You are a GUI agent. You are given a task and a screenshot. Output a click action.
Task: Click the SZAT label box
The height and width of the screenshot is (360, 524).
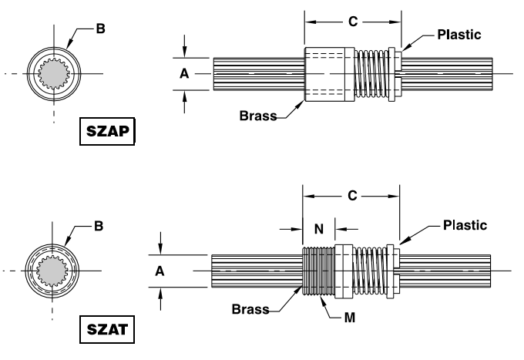(x=108, y=331)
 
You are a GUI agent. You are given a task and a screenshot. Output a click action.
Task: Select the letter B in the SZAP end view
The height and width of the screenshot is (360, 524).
(x=101, y=29)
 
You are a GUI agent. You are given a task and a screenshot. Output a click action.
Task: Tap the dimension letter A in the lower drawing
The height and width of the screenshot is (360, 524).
(x=160, y=271)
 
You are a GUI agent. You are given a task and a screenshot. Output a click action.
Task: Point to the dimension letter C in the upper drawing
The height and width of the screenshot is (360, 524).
(x=353, y=22)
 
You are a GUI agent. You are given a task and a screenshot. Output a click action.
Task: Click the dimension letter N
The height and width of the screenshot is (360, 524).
(x=318, y=229)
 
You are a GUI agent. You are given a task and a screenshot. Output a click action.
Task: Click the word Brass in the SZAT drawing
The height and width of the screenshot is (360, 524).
(x=250, y=309)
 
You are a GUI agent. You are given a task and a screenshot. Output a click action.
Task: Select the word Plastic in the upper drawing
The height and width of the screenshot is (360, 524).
(x=458, y=35)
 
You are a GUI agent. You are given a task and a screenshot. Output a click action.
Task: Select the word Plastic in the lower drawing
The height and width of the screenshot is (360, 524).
(x=465, y=225)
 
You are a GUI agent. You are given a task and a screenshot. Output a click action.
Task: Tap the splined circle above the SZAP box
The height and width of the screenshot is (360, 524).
(x=54, y=74)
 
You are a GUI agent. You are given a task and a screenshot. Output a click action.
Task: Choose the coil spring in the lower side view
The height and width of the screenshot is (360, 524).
(x=370, y=271)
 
